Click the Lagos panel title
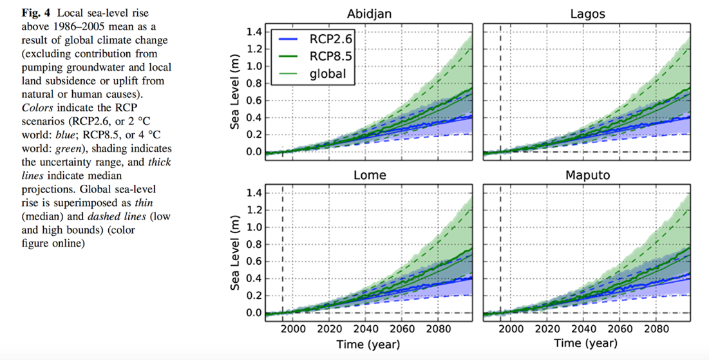[x=587, y=14]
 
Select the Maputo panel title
[x=587, y=175]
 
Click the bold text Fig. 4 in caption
[x=26, y=14]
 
